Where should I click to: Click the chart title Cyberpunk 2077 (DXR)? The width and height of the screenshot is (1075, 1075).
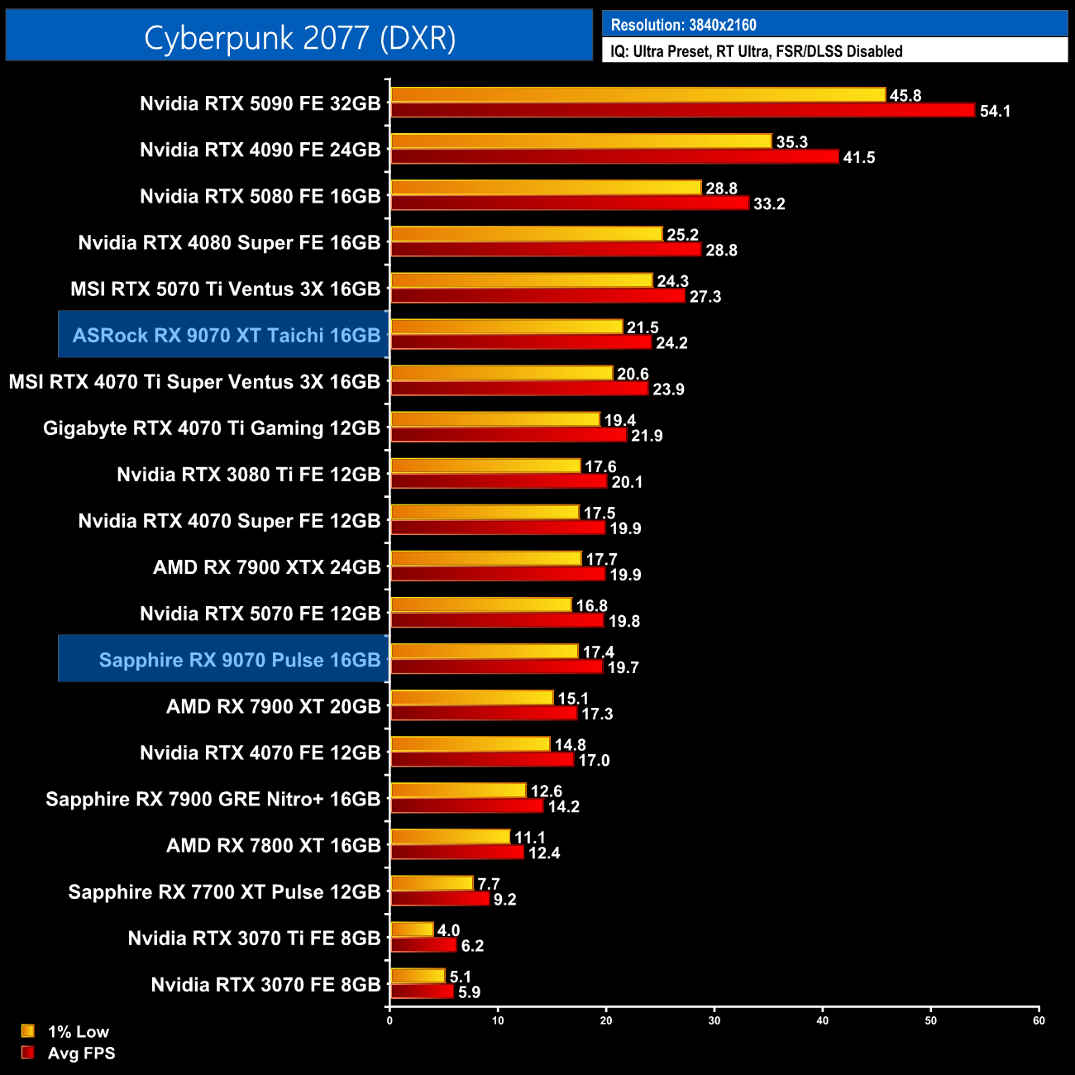[x=299, y=37]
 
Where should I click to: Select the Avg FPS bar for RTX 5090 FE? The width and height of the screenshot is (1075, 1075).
[x=682, y=110]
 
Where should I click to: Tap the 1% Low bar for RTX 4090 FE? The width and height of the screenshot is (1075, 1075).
[x=580, y=141]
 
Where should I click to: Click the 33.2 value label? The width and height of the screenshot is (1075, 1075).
[x=769, y=203]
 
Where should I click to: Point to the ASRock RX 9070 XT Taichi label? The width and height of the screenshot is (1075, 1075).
[x=226, y=335]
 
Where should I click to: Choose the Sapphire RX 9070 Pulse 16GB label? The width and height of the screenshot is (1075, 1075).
[x=239, y=660]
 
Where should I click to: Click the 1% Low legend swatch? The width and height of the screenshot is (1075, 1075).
[x=28, y=1031]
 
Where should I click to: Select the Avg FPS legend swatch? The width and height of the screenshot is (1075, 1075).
[x=28, y=1053]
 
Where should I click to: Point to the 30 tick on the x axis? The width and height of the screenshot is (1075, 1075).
[x=714, y=1020]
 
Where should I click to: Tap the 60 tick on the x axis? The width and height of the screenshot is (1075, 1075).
[x=1039, y=1020]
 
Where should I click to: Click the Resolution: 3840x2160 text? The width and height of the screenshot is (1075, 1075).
[x=683, y=25]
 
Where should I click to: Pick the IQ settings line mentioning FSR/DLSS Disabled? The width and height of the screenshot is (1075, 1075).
[x=756, y=51]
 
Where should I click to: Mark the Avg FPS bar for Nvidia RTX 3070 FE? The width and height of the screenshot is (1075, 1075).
[x=422, y=991]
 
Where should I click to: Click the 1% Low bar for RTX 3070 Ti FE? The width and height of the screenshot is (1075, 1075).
[x=412, y=929]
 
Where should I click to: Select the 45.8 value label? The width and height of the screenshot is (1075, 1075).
[x=905, y=96]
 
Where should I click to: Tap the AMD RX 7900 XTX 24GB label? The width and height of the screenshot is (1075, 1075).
[x=266, y=567]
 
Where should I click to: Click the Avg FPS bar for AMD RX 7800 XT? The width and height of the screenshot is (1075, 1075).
[x=457, y=852]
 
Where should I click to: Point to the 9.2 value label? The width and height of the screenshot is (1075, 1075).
[x=504, y=899]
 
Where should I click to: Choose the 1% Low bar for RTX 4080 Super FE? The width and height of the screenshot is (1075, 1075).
[x=527, y=234]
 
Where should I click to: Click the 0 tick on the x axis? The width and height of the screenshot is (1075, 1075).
[x=389, y=1020]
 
